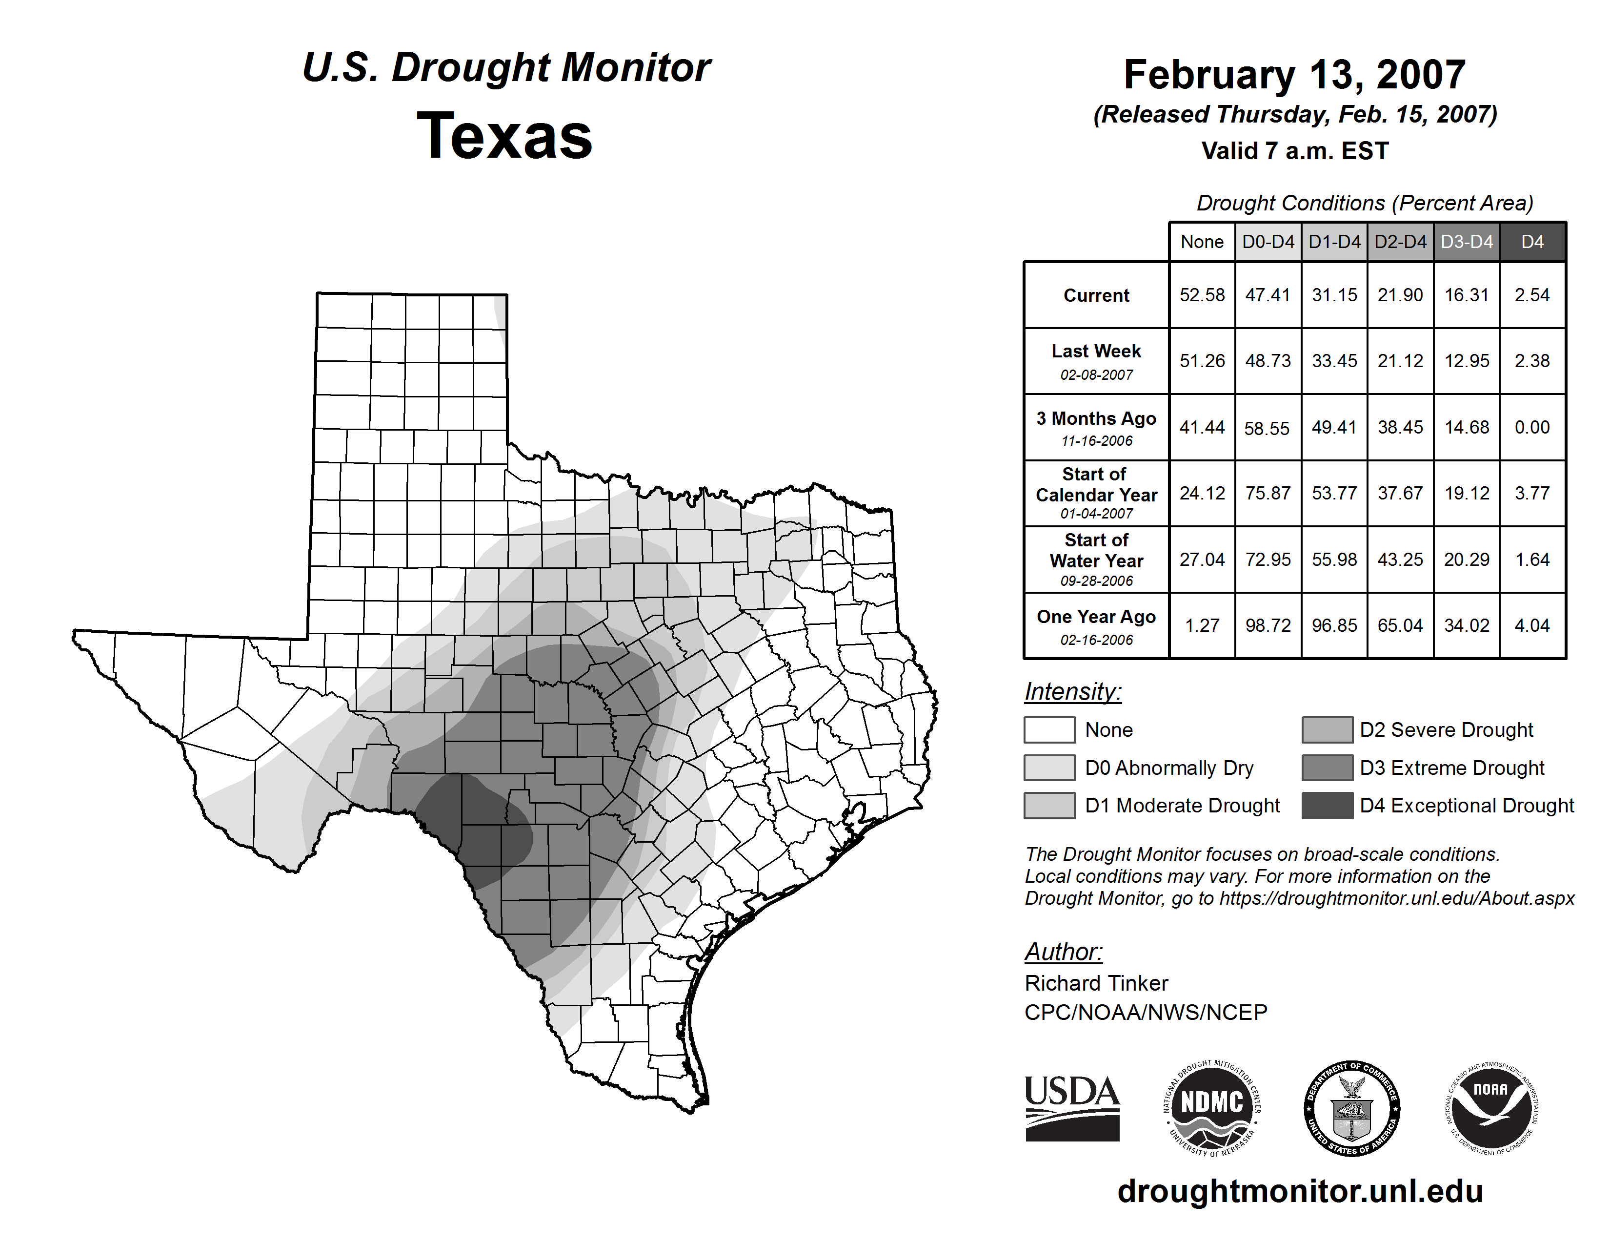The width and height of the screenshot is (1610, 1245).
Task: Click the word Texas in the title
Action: pyautogui.click(x=504, y=136)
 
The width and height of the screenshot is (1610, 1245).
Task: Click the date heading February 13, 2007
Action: pyautogui.click(x=1294, y=75)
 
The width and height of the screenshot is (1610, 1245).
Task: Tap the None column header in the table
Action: pyautogui.click(x=1202, y=242)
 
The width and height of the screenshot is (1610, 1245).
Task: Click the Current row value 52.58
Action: pyautogui.click(x=1202, y=295)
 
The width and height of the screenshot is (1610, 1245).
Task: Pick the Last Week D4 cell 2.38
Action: pyautogui.click(x=1532, y=361)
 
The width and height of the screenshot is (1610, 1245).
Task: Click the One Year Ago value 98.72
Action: pyautogui.click(x=1268, y=625)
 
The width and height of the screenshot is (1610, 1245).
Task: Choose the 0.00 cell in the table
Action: pyautogui.click(x=1532, y=427)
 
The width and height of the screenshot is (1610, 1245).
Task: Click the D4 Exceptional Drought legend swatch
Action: pyautogui.click(x=1327, y=806)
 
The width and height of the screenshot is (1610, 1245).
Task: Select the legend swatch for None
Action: pyautogui.click(x=1049, y=729)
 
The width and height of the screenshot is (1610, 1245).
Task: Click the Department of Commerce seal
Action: pyautogui.click(x=1351, y=1108)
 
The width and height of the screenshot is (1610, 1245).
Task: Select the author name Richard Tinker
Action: pyautogui.click(x=1096, y=983)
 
